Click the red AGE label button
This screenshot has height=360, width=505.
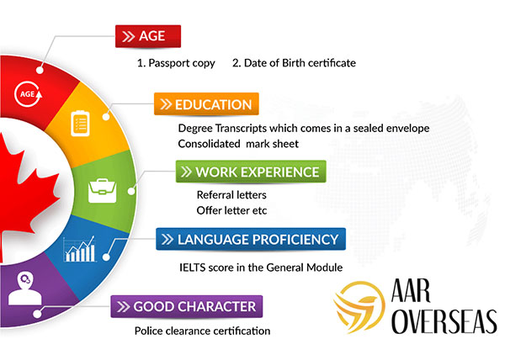148,36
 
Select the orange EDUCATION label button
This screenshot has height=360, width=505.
206,104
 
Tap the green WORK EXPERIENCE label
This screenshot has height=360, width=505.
251,172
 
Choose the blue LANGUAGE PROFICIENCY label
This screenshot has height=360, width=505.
251,239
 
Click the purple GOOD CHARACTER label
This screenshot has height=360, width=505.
187,306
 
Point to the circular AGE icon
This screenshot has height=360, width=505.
29,94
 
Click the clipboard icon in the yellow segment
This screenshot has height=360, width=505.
80,123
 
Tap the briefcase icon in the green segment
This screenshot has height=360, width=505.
103,191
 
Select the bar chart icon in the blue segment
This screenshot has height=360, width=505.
80,249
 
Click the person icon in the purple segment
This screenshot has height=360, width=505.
24,289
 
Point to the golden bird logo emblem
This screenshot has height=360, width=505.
359,307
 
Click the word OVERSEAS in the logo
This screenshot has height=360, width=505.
444,321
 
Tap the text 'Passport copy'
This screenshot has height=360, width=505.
182,63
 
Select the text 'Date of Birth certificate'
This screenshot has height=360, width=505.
300,63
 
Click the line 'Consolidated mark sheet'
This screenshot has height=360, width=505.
238,144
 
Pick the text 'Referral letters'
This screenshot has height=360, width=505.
231,194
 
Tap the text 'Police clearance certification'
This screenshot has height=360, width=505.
202,331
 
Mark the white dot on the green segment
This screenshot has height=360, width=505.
131,191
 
